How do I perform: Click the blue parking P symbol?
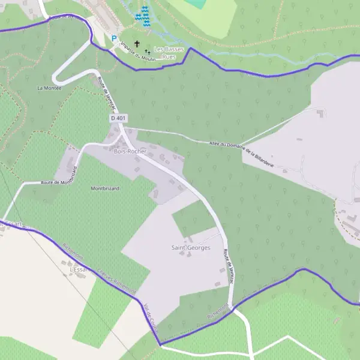(114, 39)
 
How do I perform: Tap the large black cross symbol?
(137, 44)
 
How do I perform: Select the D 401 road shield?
(117, 118)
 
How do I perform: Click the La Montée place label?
(49, 88)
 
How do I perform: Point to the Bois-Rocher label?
(130, 151)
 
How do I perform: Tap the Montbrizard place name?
(105, 188)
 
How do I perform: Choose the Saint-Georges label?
(191, 247)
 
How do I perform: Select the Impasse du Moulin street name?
(138, 52)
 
